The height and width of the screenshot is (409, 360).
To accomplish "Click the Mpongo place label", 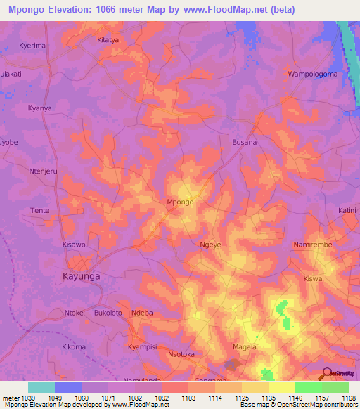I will pos(180,202).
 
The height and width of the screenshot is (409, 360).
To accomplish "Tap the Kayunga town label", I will pos(82,276).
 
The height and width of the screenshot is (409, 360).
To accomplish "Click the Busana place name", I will pos(245,142).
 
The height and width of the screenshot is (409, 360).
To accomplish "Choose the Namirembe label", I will pos(311,244).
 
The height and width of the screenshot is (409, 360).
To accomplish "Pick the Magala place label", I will pos(245,347).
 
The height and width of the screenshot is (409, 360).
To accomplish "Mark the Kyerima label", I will pos(32,45).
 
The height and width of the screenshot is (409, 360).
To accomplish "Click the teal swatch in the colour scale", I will pos(41,387).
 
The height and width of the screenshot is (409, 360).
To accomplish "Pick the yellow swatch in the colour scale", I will pos(282,387).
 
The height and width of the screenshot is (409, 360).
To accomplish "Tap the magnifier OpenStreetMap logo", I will pos(326,373).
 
